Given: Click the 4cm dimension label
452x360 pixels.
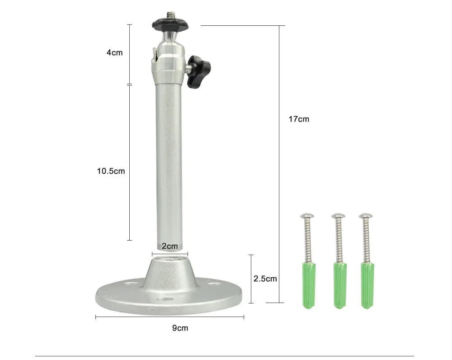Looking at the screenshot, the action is coord(114,52).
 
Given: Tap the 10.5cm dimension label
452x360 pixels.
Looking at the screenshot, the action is coord(111,171).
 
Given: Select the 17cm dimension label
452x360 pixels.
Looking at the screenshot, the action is coord(299,119).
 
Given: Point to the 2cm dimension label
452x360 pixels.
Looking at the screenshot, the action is coord(170,246).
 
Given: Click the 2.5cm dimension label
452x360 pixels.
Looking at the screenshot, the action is coord(265,279).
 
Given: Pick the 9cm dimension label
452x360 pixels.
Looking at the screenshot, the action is coord(180,328).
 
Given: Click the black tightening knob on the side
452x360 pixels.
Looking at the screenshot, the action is coord(199,72).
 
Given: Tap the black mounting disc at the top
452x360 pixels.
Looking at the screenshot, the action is coord(170,24).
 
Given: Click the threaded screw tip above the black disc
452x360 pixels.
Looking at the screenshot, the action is coord(170,14).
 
